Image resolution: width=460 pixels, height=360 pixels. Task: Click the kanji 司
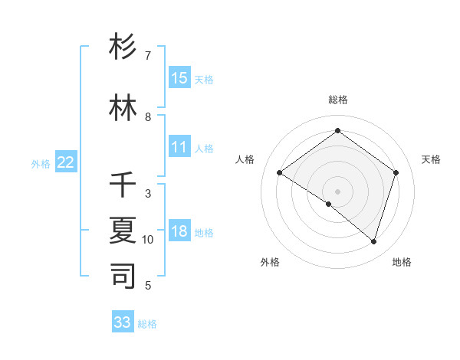123,276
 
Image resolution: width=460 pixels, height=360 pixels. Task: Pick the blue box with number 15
179,77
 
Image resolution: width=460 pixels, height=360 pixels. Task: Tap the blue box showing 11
179,147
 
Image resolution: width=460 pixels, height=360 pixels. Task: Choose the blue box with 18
179,231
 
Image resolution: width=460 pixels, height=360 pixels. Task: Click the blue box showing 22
66,162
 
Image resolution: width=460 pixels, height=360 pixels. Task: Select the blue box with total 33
123,322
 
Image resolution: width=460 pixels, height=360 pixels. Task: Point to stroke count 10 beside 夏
148,240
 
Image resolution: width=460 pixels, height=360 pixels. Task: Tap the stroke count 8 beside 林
148,117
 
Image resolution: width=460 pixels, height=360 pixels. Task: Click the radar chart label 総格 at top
337,100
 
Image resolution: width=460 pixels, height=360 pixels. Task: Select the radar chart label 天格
431,159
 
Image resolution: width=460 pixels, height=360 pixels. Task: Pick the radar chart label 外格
270,262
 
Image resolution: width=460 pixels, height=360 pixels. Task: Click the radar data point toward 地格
373,241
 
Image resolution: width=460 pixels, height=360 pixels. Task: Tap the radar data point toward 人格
280,173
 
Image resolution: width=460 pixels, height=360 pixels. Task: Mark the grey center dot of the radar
337,191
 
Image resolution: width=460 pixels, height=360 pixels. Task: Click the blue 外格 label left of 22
41,163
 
